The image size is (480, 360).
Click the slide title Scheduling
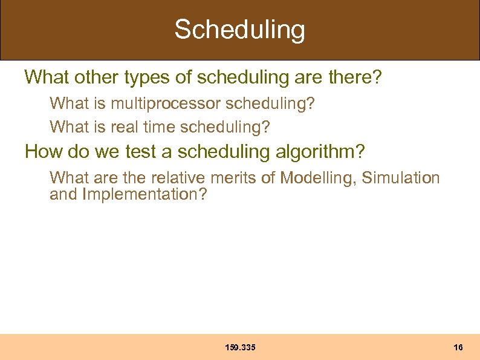point(240,30)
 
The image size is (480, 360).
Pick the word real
point(126,127)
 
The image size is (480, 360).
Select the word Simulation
point(401,178)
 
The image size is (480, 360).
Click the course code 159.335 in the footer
point(240,348)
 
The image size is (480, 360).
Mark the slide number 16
point(458,348)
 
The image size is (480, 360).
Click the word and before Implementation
point(63,195)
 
